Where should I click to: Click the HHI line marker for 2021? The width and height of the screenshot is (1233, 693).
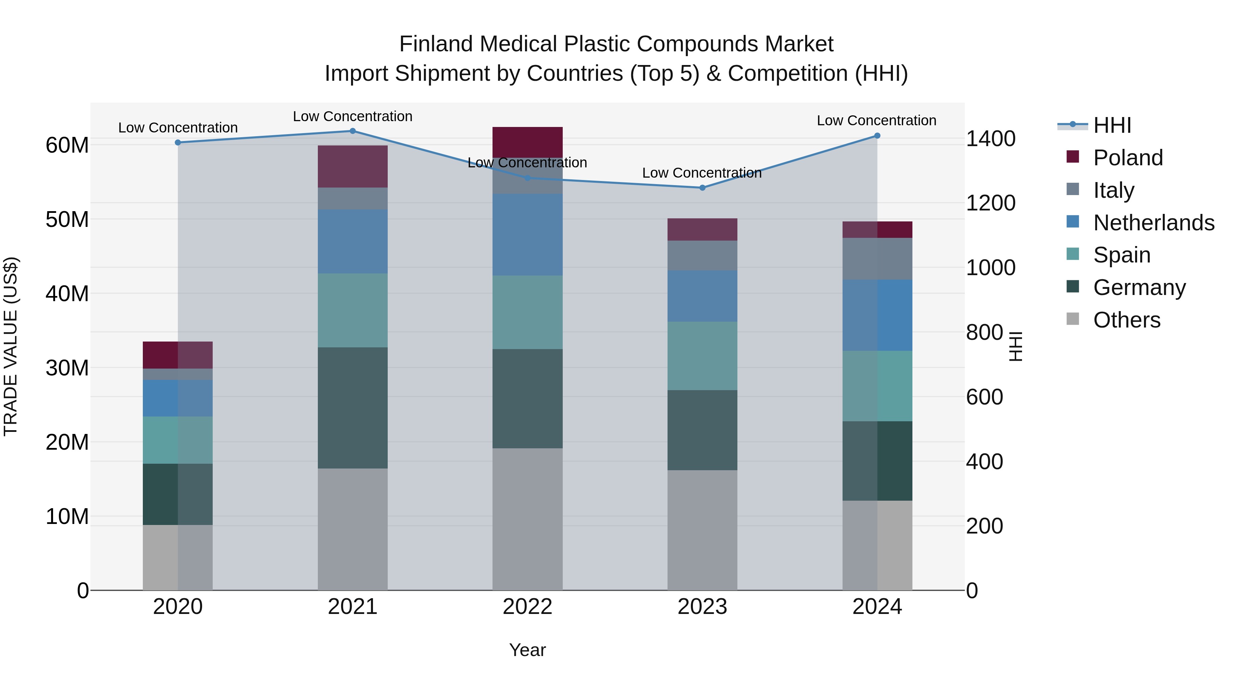coord(352,131)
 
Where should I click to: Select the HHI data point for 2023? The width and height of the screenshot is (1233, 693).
coord(702,188)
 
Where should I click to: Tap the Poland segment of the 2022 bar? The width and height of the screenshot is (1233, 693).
coord(527,142)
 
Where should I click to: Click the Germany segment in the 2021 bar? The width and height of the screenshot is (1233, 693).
coord(352,408)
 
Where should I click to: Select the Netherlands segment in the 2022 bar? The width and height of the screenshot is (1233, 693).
coord(527,234)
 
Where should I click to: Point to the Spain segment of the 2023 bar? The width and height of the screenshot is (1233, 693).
coord(702,356)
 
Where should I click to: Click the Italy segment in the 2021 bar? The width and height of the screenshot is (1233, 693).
coord(352,198)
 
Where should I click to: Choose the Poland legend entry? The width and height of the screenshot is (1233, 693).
coord(1127,158)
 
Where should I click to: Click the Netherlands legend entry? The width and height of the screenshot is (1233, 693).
coord(1153,223)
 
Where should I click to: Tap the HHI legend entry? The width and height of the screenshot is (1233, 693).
coord(1111,125)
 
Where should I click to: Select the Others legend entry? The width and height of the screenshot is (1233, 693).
coord(1126,320)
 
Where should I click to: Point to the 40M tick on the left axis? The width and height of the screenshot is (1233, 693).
coord(67,294)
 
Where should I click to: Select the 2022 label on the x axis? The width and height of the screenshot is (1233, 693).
coord(527,607)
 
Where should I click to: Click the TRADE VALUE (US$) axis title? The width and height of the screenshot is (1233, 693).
coord(11,346)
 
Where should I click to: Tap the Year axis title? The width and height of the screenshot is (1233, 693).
coord(527,650)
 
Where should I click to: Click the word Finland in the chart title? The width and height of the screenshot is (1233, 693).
coord(436,44)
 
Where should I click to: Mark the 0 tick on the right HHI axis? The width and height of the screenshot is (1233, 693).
coord(972,591)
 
